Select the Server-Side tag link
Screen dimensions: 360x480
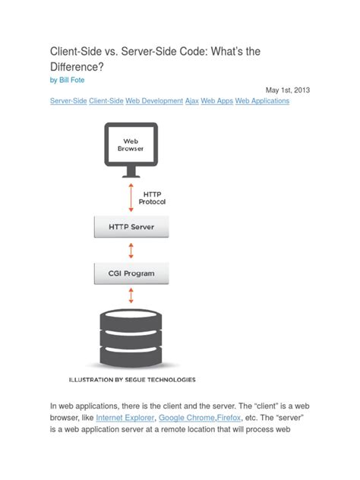pyautogui.click(x=68, y=101)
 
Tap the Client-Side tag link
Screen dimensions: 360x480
pyautogui.click(x=106, y=101)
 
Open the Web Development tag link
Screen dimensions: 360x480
pyautogui.click(x=155, y=101)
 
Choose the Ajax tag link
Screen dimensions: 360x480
pyautogui.click(x=192, y=101)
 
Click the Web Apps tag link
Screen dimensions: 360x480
pyautogui.click(x=216, y=101)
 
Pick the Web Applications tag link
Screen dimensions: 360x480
pyautogui.click(x=262, y=101)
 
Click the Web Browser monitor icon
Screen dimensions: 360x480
pyautogui.click(x=133, y=148)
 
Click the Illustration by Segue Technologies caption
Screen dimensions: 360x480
pyautogui.click(x=132, y=379)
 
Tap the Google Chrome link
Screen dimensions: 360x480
pyautogui.click(x=192, y=418)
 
